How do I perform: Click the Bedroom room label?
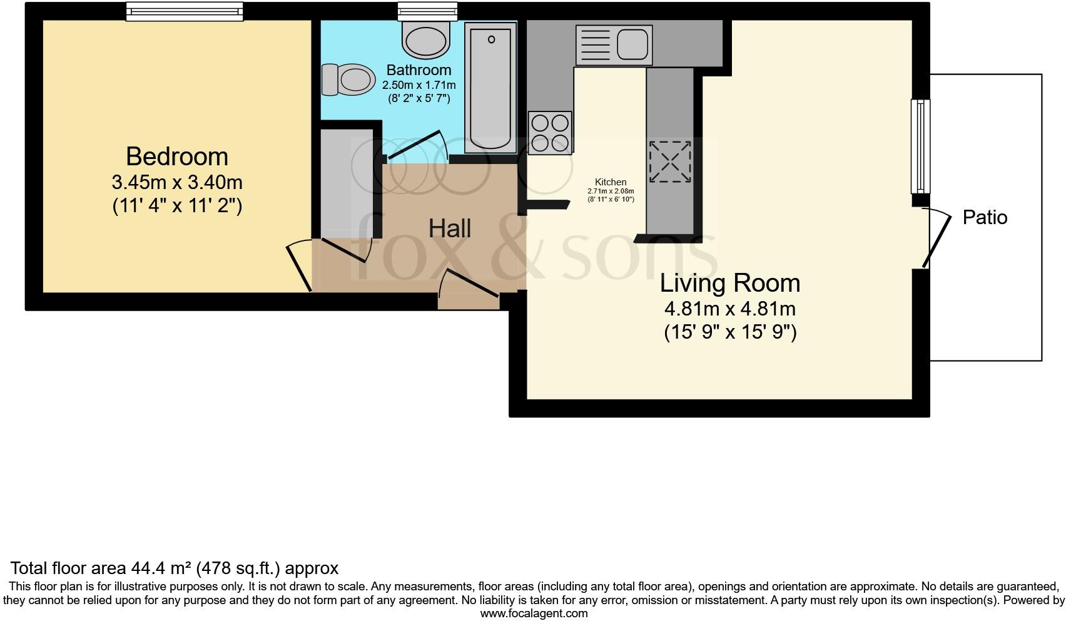click(x=177, y=157)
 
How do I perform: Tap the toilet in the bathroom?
click(x=348, y=80)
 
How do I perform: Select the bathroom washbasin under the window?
click(x=426, y=39)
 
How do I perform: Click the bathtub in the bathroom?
click(x=490, y=88)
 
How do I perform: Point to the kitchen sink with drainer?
click(x=614, y=45)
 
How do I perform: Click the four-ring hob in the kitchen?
click(x=550, y=133)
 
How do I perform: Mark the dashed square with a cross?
click(x=670, y=162)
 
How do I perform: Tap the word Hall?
click(x=450, y=228)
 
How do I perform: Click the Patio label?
click(x=985, y=218)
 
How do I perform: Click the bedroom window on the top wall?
click(x=185, y=11)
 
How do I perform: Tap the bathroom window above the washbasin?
click(x=427, y=11)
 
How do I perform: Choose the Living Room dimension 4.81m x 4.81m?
click(x=730, y=309)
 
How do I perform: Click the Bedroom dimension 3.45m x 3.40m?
click(x=177, y=182)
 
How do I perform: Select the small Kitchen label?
click(x=611, y=182)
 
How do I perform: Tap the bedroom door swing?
click(x=299, y=265)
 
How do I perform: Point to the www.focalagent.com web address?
click(x=534, y=613)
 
